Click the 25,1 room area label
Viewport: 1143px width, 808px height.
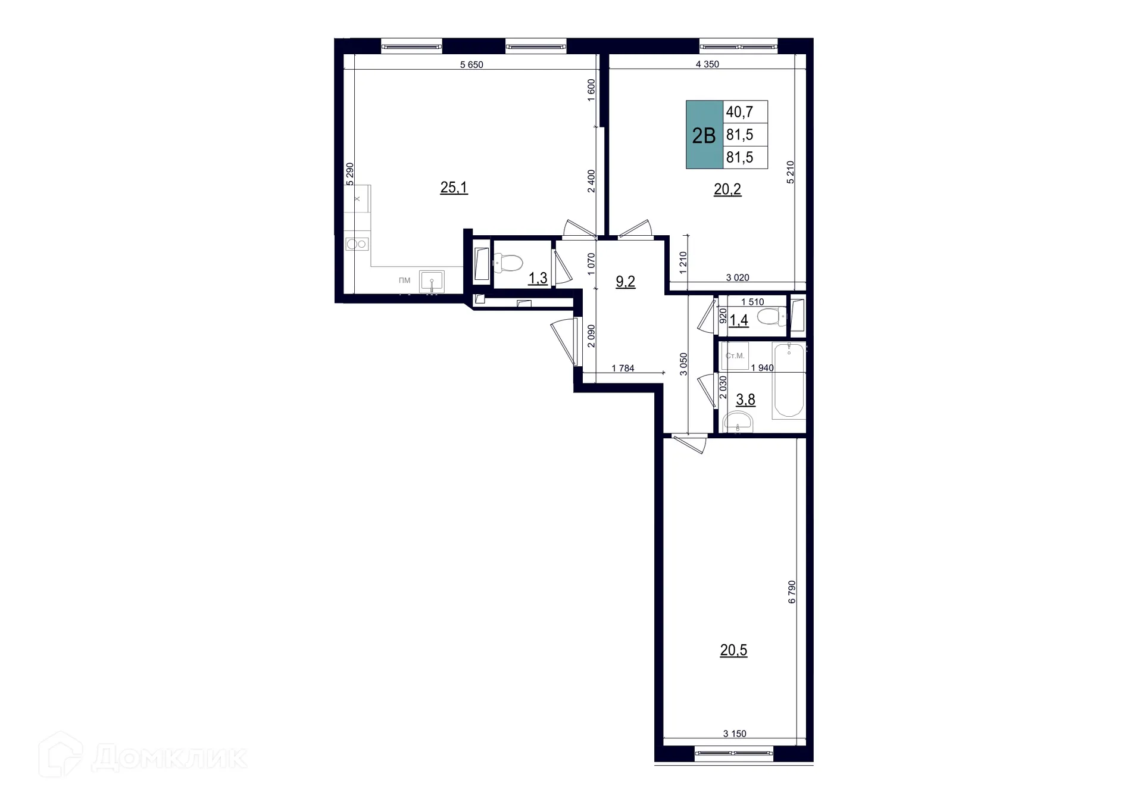(454, 188)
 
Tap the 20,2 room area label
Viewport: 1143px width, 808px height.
(727, 189)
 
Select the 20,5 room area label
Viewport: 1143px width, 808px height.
(733, 650)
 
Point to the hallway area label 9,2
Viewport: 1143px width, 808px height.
(625, 282)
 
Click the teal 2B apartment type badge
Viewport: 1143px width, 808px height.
(704, 135)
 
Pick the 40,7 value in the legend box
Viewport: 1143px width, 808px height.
(739, 112)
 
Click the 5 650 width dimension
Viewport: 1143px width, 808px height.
(471, 65)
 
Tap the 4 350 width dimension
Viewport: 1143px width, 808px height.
(707, 64)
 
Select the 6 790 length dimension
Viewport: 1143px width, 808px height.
(792, 592)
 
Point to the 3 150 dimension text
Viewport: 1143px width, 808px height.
(735, 734)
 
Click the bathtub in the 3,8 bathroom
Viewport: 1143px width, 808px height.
(788, 379)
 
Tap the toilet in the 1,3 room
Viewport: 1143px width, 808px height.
(508, 262)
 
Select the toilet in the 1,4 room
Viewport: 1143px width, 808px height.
(772, 317)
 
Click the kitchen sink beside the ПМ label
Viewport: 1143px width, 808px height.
(432, 281)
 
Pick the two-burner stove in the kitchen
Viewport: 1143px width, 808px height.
(357, 244)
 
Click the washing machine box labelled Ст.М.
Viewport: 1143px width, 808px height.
(735, 355)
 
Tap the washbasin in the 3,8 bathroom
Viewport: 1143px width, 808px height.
(738, 422)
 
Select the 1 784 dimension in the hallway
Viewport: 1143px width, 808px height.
(623, 369)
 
